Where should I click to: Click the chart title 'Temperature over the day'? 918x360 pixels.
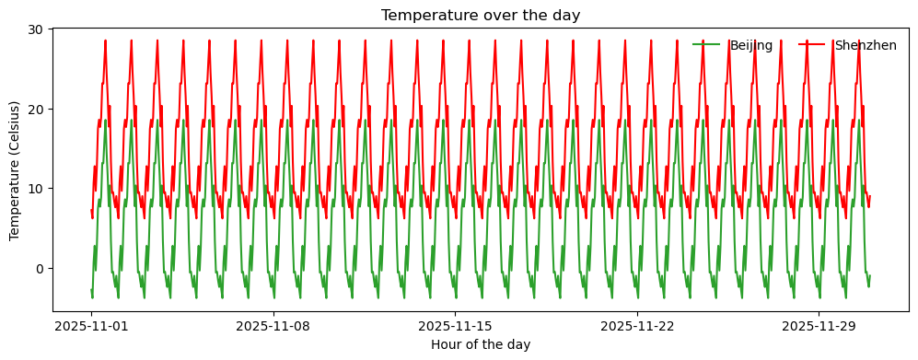tap(480, 15)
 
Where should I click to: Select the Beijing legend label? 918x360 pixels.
tap(750, 45)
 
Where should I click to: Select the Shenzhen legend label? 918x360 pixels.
tap(866, 45)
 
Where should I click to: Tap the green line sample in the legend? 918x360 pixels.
tap(706, 45)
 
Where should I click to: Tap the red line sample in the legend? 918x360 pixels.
tap(811, 45)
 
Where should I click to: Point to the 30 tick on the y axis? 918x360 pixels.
tap(39, 29)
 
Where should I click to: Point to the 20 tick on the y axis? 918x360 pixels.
tap(39, 109)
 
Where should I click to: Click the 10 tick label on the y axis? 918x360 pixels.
tap(39, 189)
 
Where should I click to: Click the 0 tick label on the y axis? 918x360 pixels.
tap(41, 269)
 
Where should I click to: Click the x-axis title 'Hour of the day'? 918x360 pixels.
tap(480, 344)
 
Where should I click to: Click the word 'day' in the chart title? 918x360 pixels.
tap(566, 15)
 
